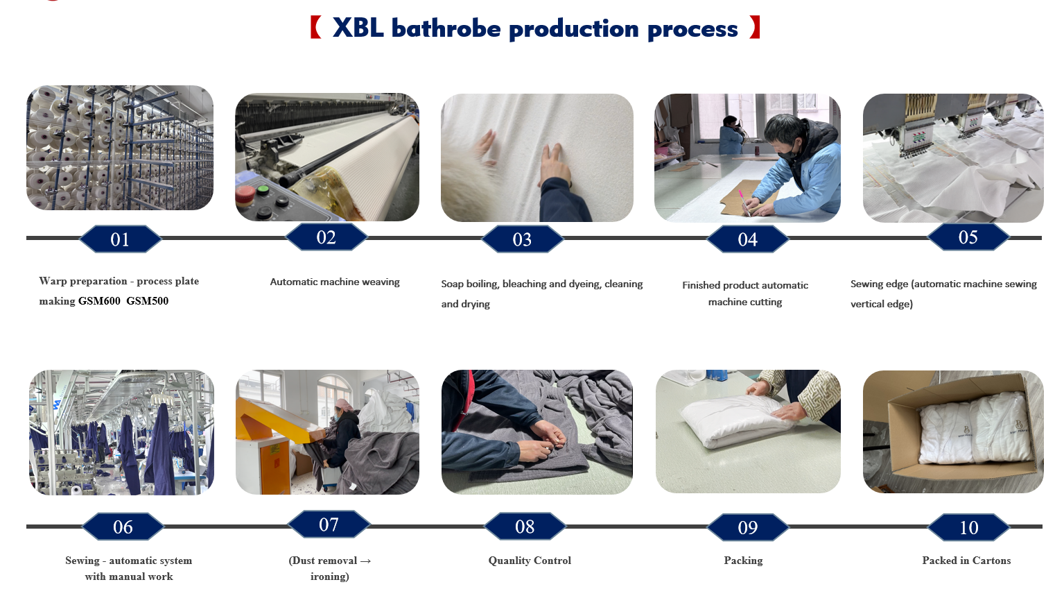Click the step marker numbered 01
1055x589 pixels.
[x=120, y=239]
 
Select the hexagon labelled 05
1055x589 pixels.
[x=968, y=237]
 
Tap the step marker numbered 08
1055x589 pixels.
[x=525, y=527]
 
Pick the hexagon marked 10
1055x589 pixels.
[x=969, y=527]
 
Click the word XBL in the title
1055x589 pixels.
[x=358, y=28]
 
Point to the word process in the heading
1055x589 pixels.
[x=692, y=30]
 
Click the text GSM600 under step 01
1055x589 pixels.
[x=99, y=301]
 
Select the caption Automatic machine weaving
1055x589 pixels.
[x=335, y=282]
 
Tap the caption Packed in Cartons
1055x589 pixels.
[x=966, y=561]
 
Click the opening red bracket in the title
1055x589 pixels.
[x=316, y=27]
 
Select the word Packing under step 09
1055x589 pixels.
[x=743, y=561]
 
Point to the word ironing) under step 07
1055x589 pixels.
[x=330, y=577]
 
